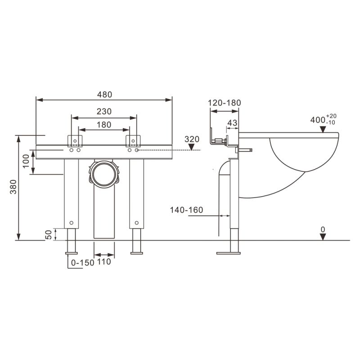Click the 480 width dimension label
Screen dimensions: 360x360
click(x=104, y=94)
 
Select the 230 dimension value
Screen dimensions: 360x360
click(x=104, y=112)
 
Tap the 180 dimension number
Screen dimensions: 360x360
click(x=104, y=125)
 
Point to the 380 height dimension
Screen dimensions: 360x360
click(x=13, y=187)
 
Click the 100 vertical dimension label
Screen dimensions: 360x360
click(x=26, y=161)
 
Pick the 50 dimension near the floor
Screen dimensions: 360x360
click(x=49, y=234)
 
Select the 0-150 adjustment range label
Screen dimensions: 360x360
click(x=83, y=263)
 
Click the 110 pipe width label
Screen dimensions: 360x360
click(x=104, y=262)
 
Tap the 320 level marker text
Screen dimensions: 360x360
click(x=192, y=139)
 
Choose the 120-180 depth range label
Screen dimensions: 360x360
click(x=224, y=103)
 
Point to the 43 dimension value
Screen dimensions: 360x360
click(x=232, y=123)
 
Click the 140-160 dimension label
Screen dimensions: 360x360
click(x=186, y=210)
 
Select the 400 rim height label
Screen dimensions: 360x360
click(x=323, y=120)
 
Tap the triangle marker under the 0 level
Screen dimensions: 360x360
click(x=323, y=237)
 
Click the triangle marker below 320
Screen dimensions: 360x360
click(x=192, y=147)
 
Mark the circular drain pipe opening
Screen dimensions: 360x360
click(x=104, y=174)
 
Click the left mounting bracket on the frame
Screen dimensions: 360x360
click(x=75, y=141)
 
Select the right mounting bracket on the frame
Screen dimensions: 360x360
click(x=133, y=141)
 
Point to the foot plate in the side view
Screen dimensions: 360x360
click(x=229, y=253)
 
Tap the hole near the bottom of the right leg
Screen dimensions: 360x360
click(x=137, y=223)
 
